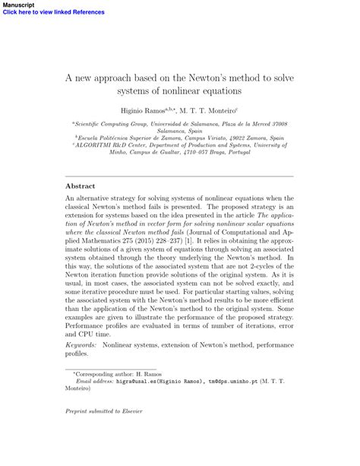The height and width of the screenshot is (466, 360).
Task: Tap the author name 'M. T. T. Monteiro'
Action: [x=222, y=110]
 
